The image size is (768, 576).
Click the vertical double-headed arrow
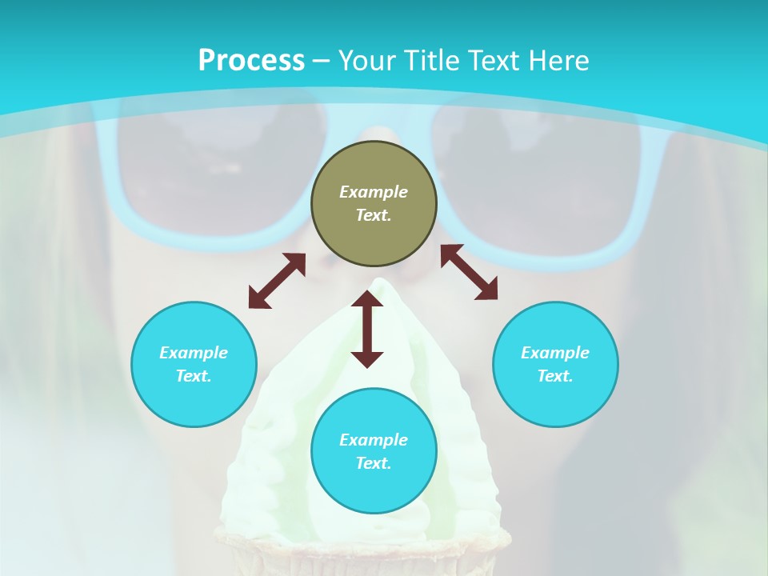(x=367, y=329)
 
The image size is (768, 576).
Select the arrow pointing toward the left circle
(x=277, y=281)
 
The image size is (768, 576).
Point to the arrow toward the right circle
(x=469, y=272)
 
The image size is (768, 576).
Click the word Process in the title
(x=251, y=60)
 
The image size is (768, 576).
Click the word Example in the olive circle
(x=374, y=192)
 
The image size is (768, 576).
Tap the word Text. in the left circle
(x=194, y=376)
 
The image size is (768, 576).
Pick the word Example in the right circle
(x=555, y=353)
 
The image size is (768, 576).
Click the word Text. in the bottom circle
(x=374, y=463)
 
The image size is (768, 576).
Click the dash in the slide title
(x=321, y=61)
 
